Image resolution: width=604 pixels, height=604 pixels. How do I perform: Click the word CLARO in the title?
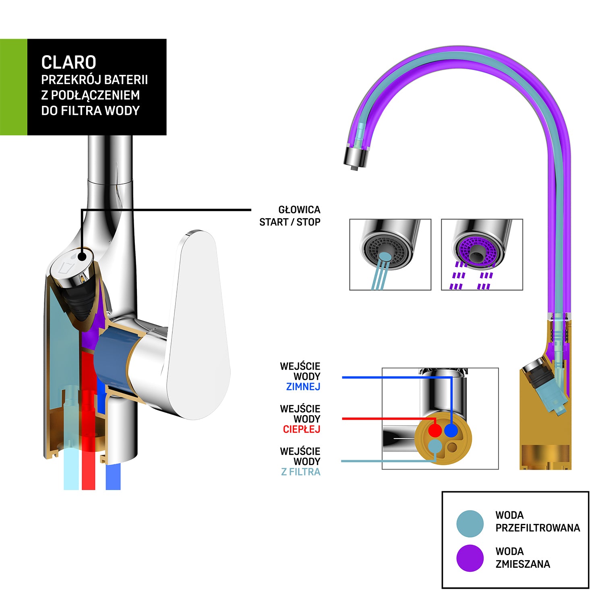pyautogui.click(x=68, y=62)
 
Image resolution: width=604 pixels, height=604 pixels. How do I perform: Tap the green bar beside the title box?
pyautogui.click(x=13, y=87)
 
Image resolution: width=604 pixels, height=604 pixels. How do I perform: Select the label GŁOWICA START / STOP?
pyautogui.click(x=290, y=216)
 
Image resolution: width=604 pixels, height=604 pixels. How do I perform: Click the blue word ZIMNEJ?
pyautogui.click(x=303, y=387)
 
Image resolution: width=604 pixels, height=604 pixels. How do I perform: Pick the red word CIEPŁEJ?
pyautogui.click(x=301, y=429)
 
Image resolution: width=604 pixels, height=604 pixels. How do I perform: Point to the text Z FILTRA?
pyautogui.click(x=300, y=472)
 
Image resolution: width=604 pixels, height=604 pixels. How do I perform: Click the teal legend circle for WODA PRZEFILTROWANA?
pyautogui.click(x=470, y=523)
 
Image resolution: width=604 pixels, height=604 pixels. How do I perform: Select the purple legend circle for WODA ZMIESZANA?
pyautogui.click(x=470, y=558)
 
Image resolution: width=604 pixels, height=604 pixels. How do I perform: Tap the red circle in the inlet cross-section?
pyautogui.click(x=435, y=430)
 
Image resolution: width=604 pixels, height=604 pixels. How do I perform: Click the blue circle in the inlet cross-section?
pyautogui.click(x=451, y=430)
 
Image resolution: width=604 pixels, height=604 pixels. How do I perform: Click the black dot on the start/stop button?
pyautogui.click(x=82, y=256)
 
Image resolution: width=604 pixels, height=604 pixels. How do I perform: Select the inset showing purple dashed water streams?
pyautogui.click(x=482, y=254)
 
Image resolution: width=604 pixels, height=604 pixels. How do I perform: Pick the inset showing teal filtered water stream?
pyautogui.click(x=390, y=254)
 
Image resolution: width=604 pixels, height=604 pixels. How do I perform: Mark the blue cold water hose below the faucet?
pyautogui.click(x=113, y=477)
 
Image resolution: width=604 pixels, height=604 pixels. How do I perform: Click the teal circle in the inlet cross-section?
pyautogui.click(x=435, y=446)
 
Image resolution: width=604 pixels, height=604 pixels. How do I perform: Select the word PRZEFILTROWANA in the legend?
pyautogui.click(x=538, y=528)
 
